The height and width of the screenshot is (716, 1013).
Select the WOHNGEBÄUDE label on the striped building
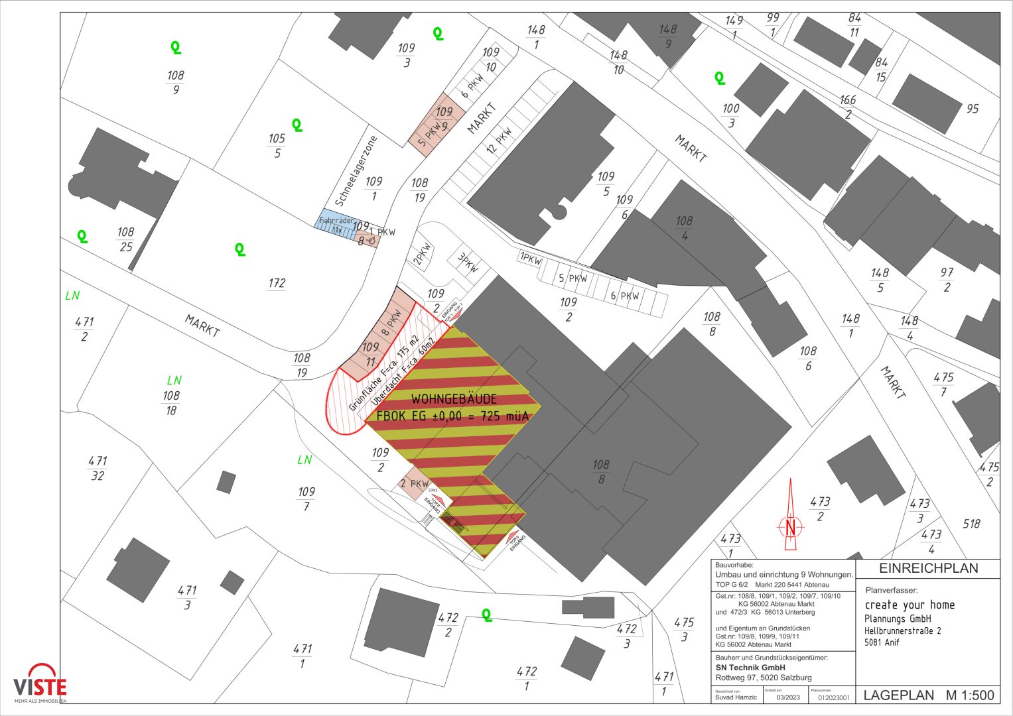(x=454, y=399)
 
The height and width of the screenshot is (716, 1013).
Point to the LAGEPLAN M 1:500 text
(x=928, y=695)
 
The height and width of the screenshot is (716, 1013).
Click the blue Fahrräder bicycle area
(x=335, y=224)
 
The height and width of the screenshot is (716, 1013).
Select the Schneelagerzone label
(x=356, y=171)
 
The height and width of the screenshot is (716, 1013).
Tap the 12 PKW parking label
(x=500, y=140)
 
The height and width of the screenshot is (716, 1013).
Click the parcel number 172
(x=277, y=283)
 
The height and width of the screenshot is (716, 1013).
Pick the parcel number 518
(x=971, y=524)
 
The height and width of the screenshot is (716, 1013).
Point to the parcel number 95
(x=972, y=109)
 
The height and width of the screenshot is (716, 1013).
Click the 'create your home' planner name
(x=910, y=605)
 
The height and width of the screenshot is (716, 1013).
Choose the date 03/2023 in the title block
(x=788, y=697)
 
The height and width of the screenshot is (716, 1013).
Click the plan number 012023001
(x=833, y=697)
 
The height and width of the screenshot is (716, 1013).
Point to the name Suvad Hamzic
(x=736, y=697)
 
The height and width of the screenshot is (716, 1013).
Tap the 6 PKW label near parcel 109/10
(x=472, y=86)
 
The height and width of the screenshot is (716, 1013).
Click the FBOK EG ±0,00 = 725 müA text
(x=452, y=416)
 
